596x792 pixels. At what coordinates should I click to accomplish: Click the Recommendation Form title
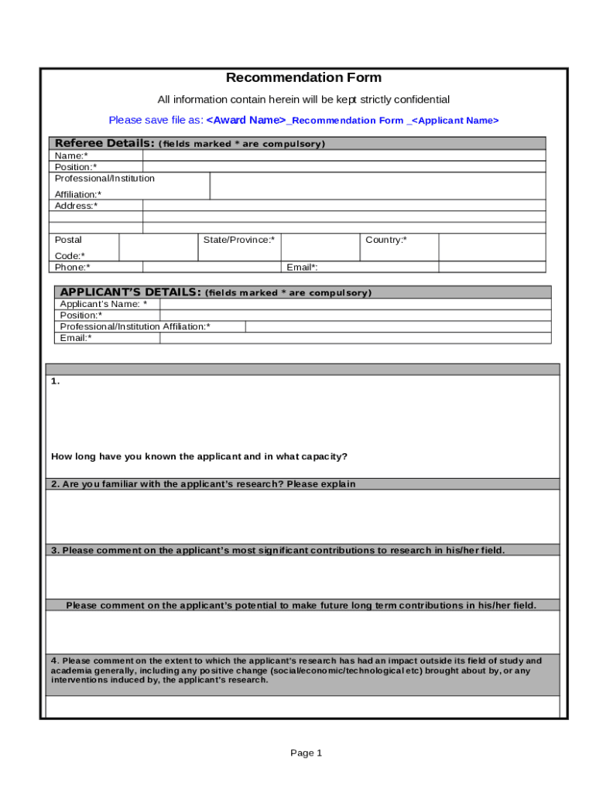(x=303, y=77)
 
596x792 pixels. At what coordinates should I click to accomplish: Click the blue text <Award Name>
(x=246, y=120)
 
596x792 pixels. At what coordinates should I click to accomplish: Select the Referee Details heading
(x=104, y=144)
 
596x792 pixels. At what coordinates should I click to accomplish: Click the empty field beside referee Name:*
(x=344, y=155)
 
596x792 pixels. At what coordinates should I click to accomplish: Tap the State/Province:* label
(x=238, y=240)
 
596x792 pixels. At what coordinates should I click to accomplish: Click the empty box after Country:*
(x=492, y=247)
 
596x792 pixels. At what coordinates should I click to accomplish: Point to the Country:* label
(x=385, y=240)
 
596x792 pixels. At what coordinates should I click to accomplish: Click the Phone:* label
(x=72, y=267)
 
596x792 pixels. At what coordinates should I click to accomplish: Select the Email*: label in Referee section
(x=302, y=267)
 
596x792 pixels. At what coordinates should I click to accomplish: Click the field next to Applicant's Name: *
(x=355, y=304)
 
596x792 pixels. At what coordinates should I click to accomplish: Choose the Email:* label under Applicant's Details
(x=75, y=338)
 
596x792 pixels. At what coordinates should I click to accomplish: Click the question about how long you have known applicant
(x=199, y=456)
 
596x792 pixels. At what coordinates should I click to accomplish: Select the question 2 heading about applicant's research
(x=204, y=484)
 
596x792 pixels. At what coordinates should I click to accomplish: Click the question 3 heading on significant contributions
(x=278, y=550)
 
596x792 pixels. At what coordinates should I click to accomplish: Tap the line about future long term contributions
(x=301, y=606)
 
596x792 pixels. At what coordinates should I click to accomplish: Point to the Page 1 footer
(x=306, y=753)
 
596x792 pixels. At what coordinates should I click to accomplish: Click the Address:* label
(x=76, y=206)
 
